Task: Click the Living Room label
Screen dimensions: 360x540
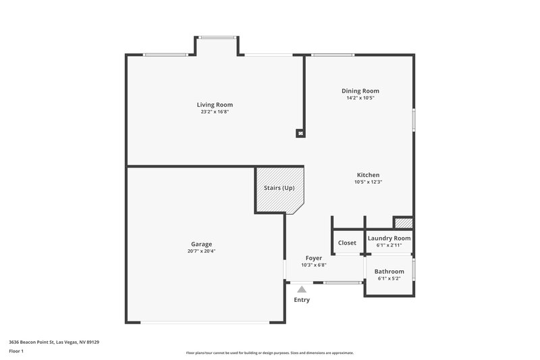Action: [x=215, y=105]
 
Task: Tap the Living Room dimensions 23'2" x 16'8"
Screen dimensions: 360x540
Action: [x=215, y=112]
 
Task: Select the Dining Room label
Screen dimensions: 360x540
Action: [x=360, y=91]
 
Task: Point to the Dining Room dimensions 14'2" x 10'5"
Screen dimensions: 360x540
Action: [x=360, y=98]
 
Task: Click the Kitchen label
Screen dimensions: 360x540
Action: [x=368, y=174]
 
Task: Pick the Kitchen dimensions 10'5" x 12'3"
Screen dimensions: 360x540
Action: [x=368, y=182]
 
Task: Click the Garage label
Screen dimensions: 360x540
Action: [x=201, y=244]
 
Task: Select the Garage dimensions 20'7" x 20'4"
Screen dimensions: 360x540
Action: [x=201, y=251]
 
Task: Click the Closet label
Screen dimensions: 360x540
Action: [x=347, y=242]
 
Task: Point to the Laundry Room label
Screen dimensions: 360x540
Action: [x=389, y=238]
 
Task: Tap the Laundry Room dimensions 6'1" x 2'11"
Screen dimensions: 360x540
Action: [x=389, y=245]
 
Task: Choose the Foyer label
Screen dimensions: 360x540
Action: [x=313, y=258]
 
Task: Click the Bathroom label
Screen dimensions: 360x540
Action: [x=389, y=271]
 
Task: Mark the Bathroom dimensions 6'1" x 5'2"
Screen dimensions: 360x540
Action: [x=389, y=278]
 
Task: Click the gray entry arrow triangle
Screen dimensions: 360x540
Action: [x=302, y=288]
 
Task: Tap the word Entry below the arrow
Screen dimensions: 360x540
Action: [x=302, y=300]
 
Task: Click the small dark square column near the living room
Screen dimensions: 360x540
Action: [x=300, y=133]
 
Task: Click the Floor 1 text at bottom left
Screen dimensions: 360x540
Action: [x=17, y=351]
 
